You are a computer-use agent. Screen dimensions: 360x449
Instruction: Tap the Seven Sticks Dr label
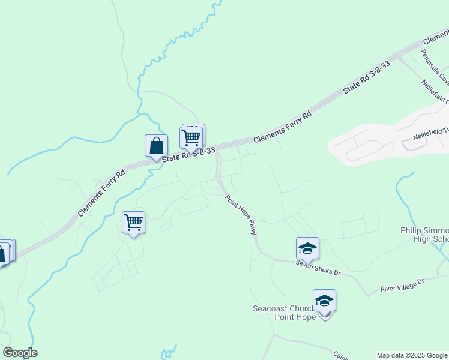[318, 268]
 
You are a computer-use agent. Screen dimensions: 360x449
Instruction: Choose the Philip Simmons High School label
[424, 235]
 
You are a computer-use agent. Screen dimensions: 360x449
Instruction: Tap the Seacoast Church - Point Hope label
[283, 313]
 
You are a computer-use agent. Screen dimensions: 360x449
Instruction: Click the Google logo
[20, 353]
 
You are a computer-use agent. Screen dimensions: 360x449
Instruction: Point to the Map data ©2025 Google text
[412, 355]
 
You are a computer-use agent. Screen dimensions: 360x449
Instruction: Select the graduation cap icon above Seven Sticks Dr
[307, 248]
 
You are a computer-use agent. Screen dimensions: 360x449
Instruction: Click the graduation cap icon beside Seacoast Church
[324, 301]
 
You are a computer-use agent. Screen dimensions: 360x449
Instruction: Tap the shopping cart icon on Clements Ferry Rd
[191, 137]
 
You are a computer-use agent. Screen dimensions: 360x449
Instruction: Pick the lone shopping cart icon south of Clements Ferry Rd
[133, 223]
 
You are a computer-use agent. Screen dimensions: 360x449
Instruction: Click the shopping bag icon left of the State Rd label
[156, 146]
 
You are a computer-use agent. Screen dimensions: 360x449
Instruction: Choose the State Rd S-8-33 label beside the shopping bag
[189, 155]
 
